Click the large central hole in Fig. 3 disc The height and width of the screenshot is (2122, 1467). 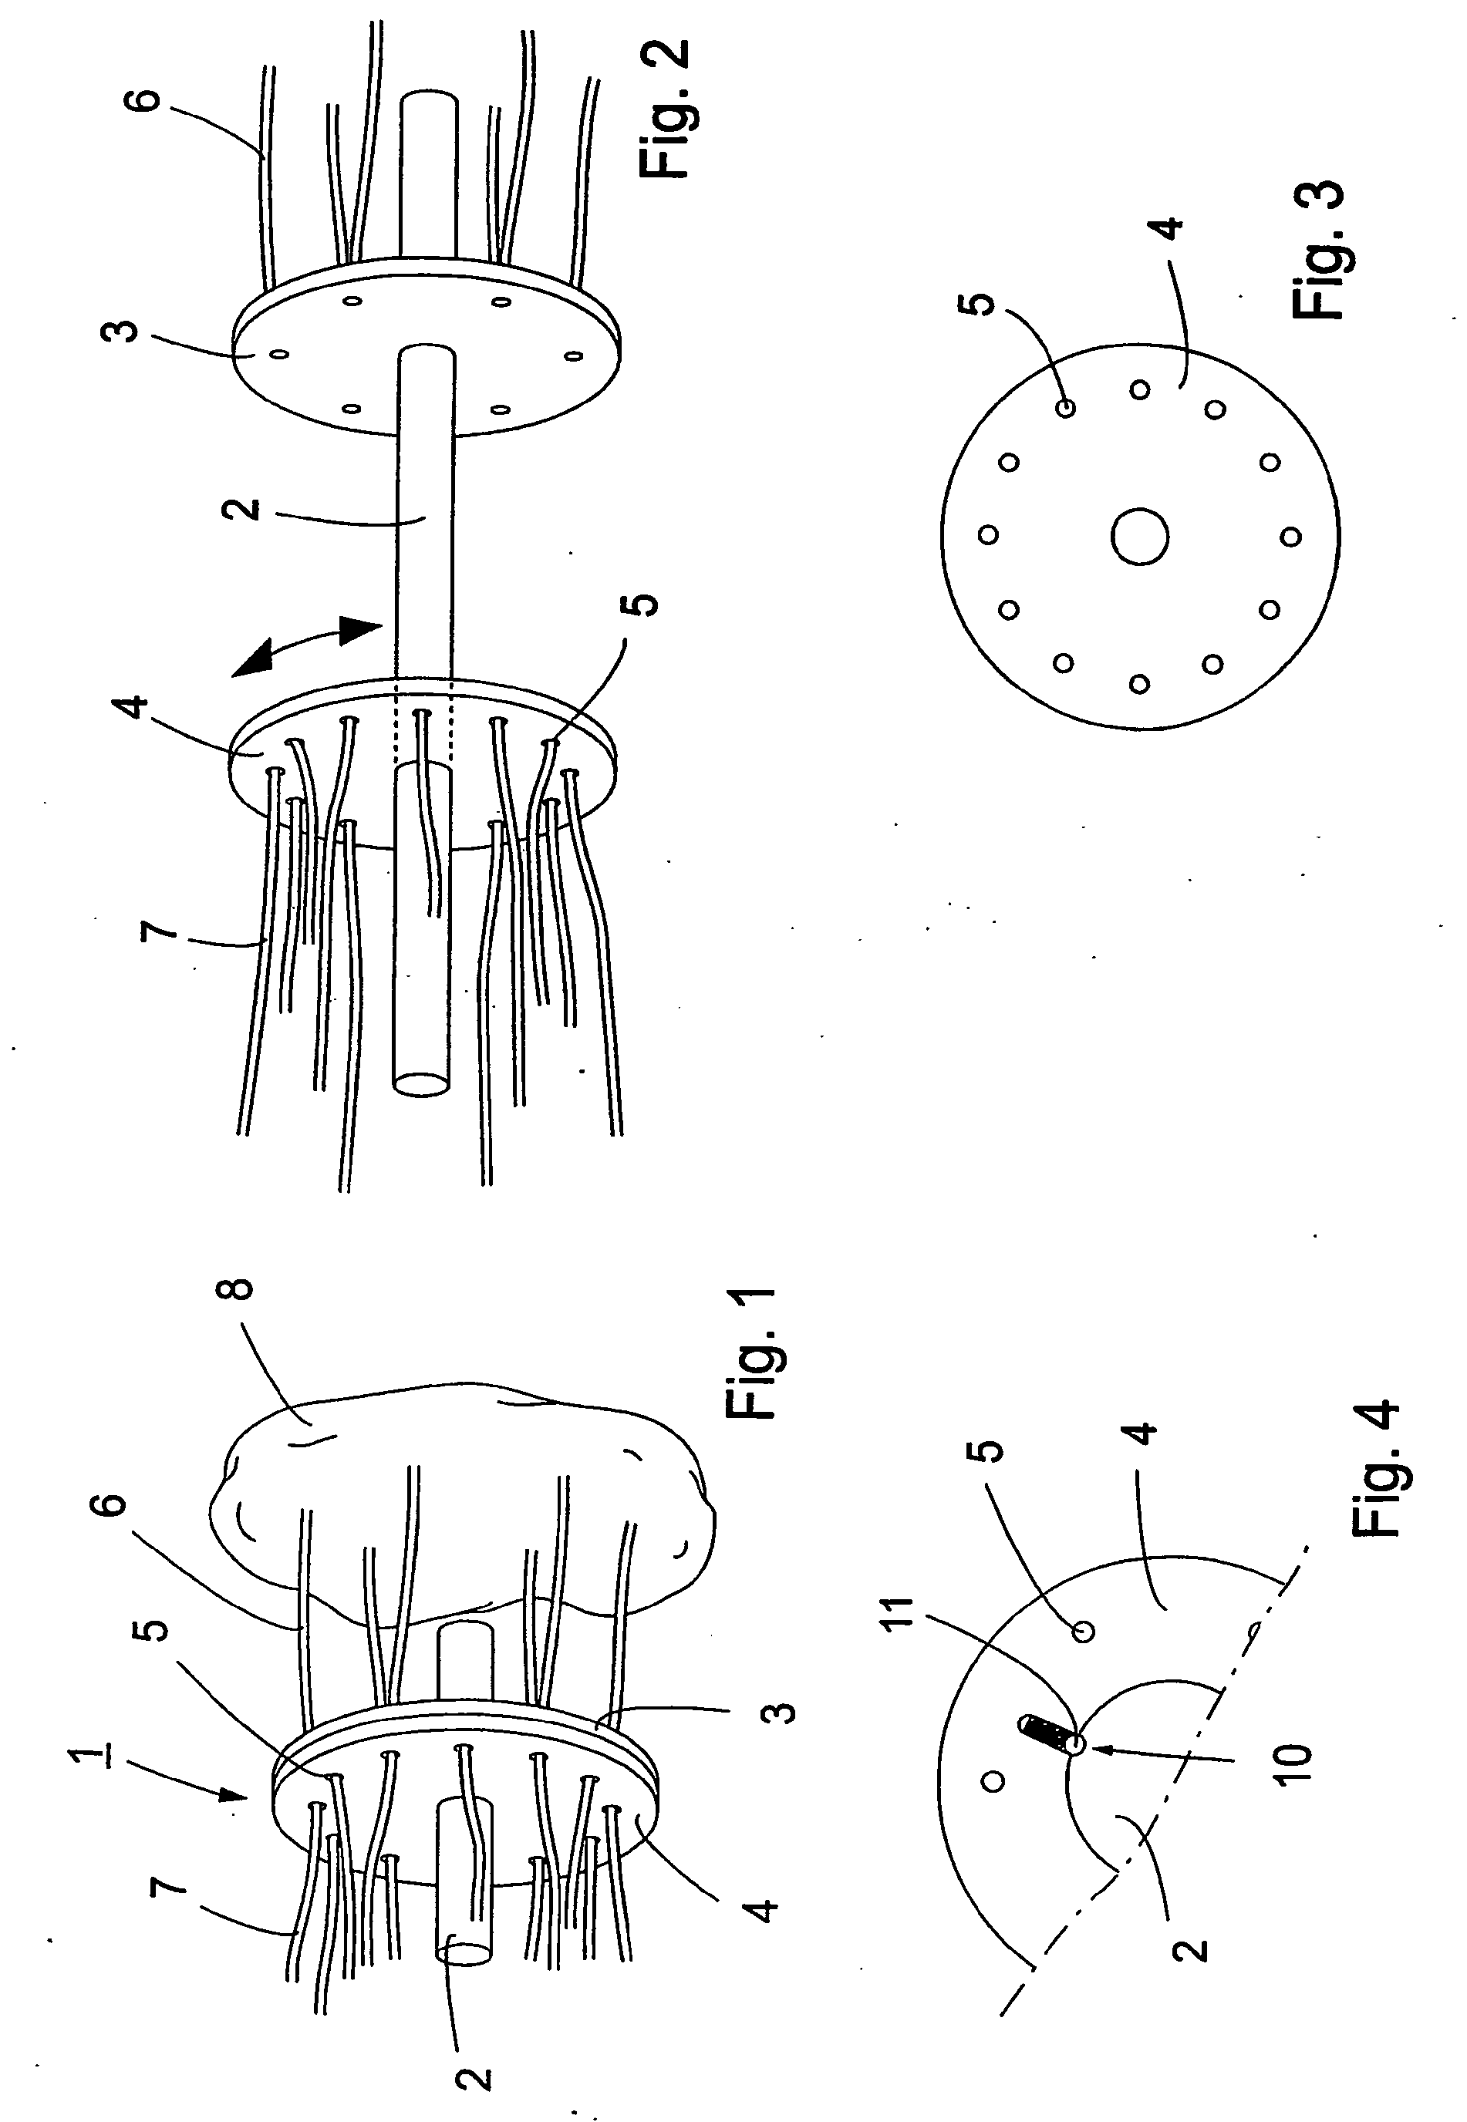(x=1139, y=536)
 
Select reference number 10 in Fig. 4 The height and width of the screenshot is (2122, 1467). (x=1291, y=1763)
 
